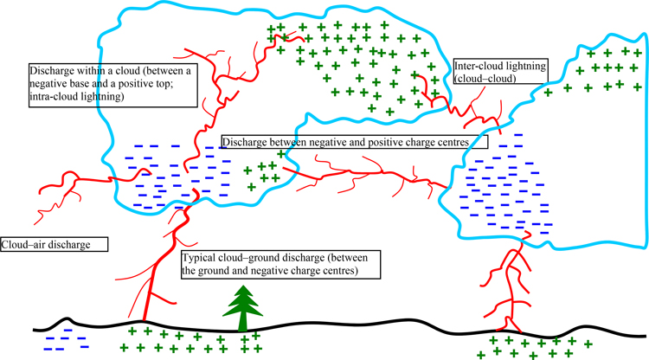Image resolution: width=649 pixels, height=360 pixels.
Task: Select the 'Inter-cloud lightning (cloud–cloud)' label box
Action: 497,71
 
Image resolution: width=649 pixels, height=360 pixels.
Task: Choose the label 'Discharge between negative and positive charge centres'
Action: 355,141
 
